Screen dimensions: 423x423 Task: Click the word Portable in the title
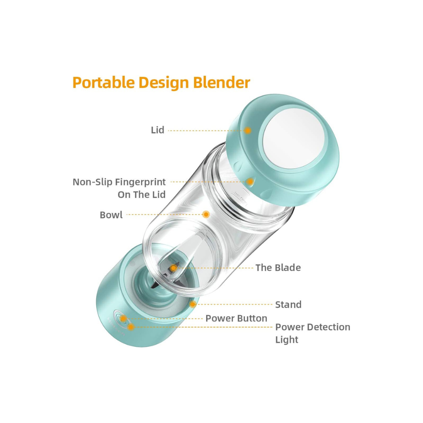104,82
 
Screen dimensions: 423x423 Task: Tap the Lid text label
158,130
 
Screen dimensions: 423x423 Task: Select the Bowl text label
111,215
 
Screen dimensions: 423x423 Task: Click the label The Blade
278,268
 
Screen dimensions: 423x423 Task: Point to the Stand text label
289,305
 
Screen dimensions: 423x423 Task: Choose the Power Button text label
236,318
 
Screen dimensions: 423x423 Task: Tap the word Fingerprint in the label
140,182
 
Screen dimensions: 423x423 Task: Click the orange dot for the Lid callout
248,130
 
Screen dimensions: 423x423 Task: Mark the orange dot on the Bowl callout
206,215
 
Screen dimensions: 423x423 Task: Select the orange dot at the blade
174,268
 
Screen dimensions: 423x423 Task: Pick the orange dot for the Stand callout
193,304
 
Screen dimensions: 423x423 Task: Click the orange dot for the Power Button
123,319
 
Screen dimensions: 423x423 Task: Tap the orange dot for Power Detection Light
131,327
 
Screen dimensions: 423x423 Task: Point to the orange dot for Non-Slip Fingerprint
250,182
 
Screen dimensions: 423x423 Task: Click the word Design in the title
164,83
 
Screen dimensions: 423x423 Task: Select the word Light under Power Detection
287,340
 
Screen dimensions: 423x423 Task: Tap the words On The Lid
142,195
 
